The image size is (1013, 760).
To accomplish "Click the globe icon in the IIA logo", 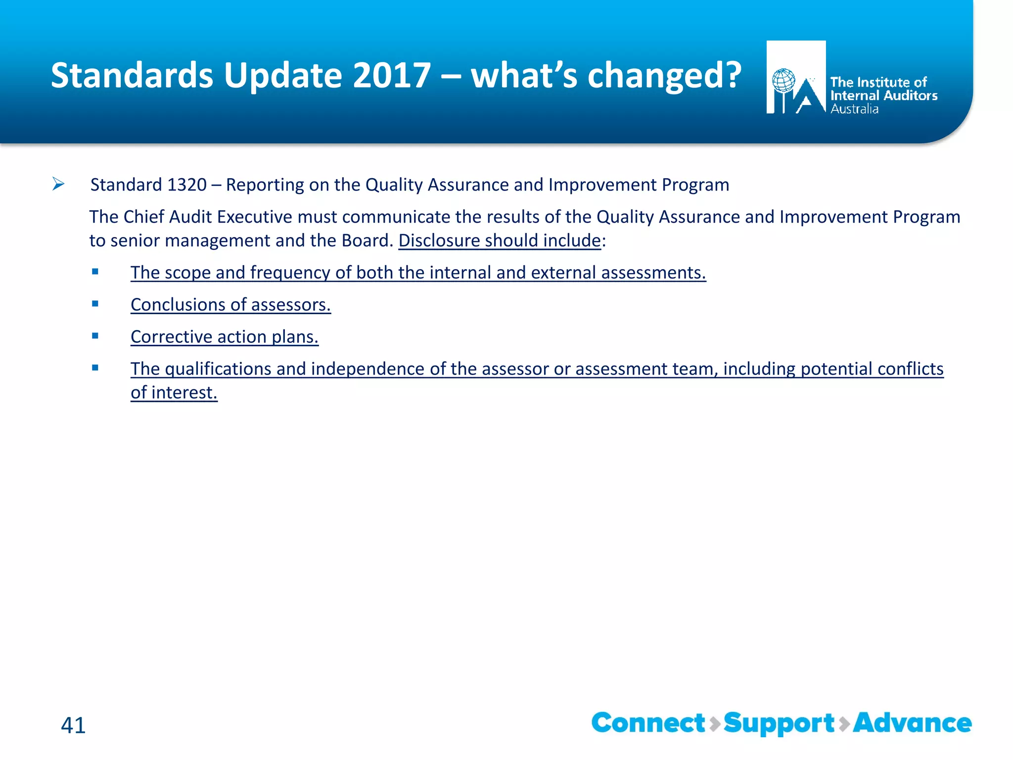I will (783, 81).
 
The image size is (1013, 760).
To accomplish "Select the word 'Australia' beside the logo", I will (854, 109).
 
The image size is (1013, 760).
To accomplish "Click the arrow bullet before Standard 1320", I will (58, 185).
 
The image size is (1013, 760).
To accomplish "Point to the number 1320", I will (186, 185).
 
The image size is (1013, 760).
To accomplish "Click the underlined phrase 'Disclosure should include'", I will (500, 241).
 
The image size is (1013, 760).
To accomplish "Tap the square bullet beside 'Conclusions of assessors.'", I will (95, 303).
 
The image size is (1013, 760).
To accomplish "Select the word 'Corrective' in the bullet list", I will (171, 337).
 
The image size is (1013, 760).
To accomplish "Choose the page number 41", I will (73, 725).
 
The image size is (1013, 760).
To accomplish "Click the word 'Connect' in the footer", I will (648, 723).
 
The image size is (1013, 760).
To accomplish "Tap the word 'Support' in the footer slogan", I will (779, 724).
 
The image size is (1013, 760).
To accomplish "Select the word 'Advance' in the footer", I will (912, 723).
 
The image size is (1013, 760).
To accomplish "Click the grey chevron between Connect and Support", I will (715, 724).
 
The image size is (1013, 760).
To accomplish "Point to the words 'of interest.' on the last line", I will (174, 393).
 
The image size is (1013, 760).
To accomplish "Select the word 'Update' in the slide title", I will (283, 76).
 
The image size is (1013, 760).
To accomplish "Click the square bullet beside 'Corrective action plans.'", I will (95, 335).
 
